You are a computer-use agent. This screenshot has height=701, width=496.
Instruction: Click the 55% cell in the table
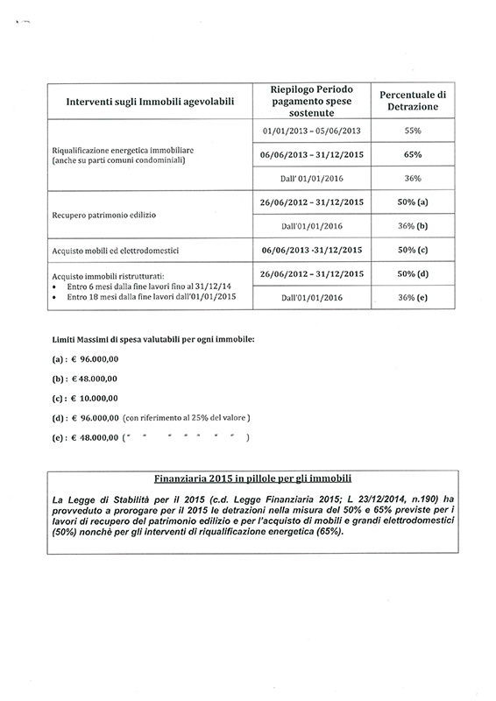(412, 130)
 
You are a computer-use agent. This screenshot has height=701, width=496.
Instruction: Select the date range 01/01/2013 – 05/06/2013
(312, 130)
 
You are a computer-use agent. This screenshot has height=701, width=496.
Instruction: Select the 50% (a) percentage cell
(412, 202)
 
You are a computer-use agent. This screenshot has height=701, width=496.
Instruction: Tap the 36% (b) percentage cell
(412, 225)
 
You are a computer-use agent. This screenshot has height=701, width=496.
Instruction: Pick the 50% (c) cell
(412, 250)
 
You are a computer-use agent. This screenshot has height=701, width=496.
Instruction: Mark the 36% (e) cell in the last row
(412, 298)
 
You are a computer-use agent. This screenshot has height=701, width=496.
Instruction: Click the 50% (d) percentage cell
(412, 274)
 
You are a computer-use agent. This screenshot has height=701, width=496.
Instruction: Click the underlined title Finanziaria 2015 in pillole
(252, 479)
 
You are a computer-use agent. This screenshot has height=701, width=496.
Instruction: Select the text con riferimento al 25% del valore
(187, 417)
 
